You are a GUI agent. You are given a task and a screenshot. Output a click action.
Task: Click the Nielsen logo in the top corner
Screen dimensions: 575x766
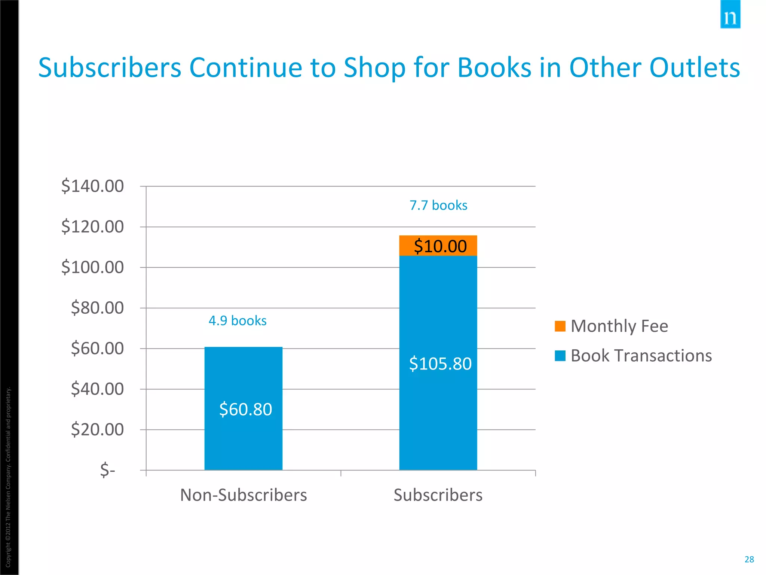730,15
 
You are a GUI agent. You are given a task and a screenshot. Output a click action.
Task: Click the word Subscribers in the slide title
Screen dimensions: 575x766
110,68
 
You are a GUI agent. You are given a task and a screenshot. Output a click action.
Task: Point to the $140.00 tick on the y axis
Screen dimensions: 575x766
92,186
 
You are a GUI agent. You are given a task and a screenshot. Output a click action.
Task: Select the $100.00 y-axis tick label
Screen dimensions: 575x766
92,267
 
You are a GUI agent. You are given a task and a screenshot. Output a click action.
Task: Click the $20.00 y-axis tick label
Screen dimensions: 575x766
97,429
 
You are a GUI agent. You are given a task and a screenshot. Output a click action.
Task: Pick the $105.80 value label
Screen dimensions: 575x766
440,363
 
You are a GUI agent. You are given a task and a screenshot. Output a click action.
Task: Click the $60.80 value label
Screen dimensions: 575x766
246,409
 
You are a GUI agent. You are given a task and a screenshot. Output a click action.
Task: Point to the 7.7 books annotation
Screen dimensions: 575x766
438,206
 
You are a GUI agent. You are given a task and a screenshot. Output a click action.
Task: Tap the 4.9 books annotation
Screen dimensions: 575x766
238,321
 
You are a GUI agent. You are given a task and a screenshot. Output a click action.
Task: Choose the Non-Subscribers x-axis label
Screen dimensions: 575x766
243,495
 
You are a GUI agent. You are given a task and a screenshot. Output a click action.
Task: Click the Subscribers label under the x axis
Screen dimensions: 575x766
438,495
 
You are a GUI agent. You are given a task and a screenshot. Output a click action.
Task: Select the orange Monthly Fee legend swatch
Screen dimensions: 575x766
560,326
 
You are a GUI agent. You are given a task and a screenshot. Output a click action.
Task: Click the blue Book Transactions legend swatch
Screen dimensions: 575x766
560,356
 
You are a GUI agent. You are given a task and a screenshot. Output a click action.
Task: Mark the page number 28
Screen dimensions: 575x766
749,559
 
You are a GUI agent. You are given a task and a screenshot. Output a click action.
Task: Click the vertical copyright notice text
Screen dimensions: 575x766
8,477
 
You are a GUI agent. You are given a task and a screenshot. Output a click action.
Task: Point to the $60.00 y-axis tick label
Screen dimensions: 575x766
97,348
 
